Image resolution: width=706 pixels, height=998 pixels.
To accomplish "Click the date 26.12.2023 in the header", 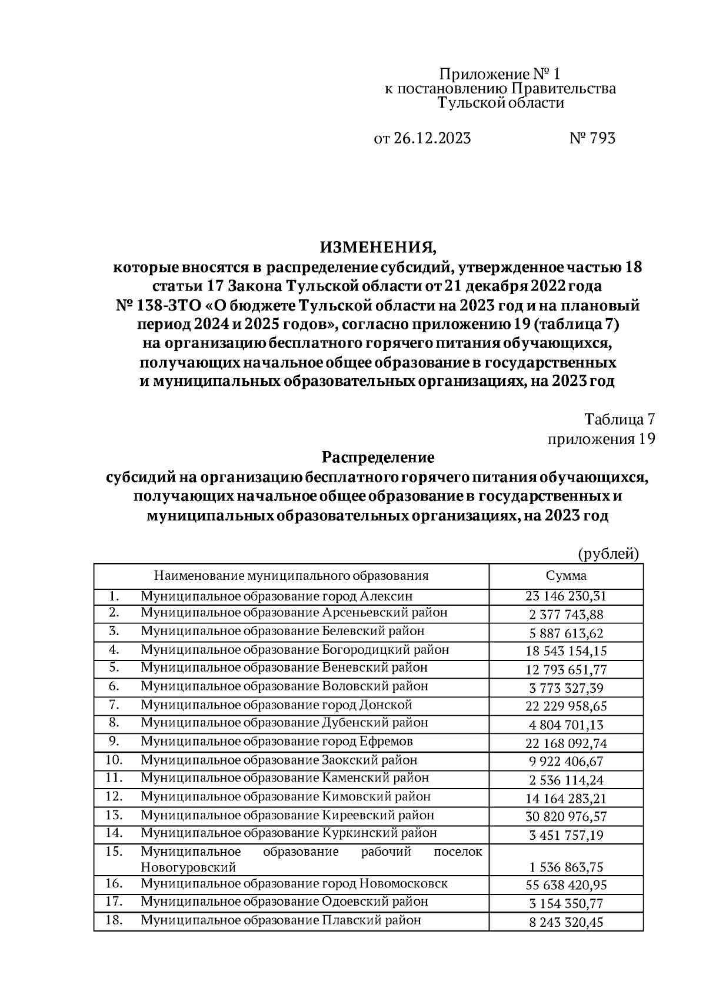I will click(431, 139).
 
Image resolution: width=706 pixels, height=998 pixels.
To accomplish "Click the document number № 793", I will click(592, 139).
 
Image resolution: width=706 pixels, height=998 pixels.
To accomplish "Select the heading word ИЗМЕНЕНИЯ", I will click(377, 247).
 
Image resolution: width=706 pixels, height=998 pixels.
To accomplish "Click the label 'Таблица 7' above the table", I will click(619, 419).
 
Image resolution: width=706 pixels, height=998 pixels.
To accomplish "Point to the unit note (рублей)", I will click(608, 553).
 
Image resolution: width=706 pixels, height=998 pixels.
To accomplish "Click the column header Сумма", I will click(565, 576).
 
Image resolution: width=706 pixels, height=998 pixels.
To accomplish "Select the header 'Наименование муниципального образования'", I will click(291, 576).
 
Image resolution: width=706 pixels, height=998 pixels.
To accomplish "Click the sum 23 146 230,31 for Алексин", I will click(565, 596).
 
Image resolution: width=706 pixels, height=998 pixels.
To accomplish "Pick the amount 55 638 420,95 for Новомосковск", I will click(565, 885).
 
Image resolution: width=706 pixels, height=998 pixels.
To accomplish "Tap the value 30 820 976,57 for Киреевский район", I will click(565, 817).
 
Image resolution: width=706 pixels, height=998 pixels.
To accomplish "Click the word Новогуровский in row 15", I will click(188, 867).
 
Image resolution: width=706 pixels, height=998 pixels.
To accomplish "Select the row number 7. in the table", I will click(114, 705).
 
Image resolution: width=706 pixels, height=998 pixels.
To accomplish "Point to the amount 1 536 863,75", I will click(565, 867).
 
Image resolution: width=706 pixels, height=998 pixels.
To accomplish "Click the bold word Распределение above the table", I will click(377, 457).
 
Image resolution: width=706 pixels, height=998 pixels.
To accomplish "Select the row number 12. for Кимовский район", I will click(114, 796).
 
